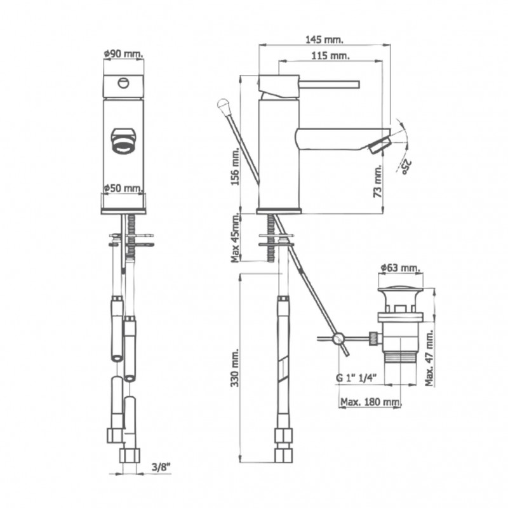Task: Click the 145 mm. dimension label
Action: [324, 40]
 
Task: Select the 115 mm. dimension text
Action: [330, 56]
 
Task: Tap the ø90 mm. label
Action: [123, 54]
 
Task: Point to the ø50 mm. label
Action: [123, 188]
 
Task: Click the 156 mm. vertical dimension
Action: [235, 166]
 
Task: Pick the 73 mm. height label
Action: [378, 182]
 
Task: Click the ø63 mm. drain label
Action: [401, 268]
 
